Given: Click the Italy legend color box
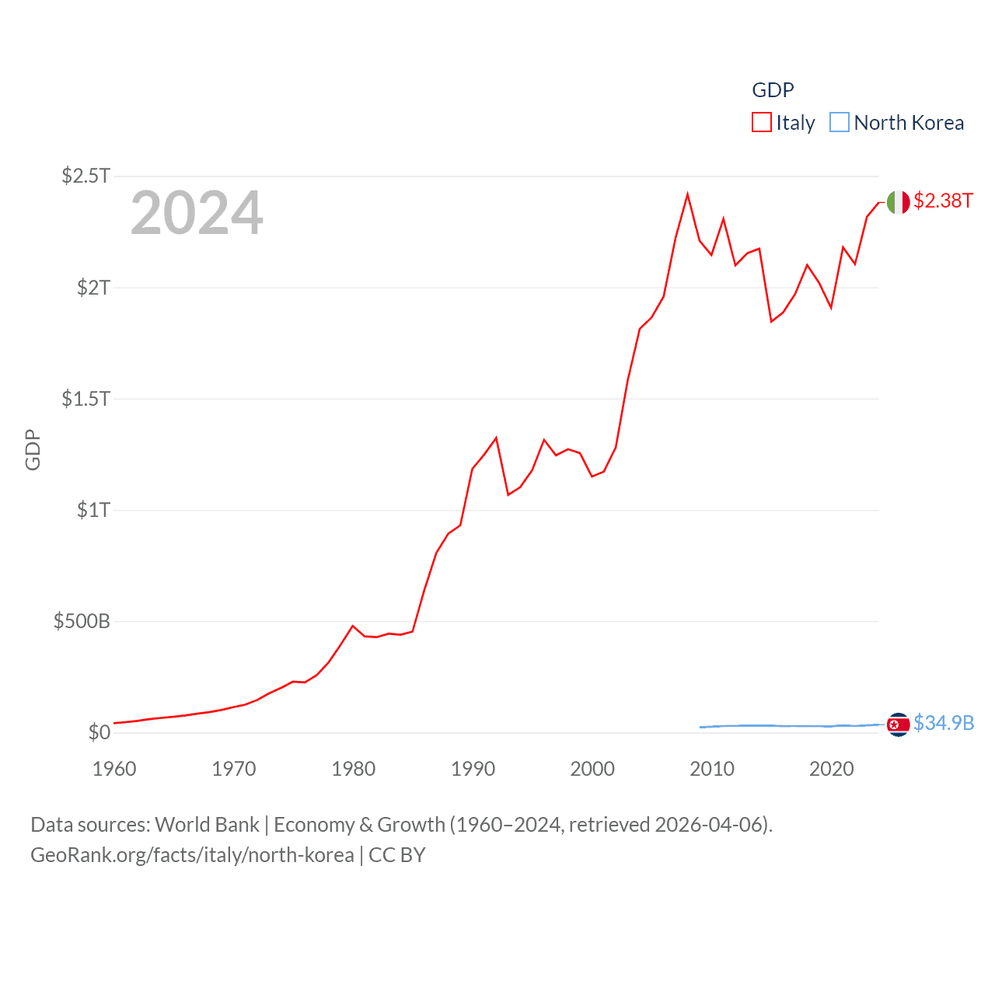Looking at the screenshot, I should click(761, 123).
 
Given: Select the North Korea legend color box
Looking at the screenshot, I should click(840, 123).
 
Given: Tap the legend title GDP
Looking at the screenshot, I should click(773, 90).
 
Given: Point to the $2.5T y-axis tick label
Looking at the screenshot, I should click(86, 176).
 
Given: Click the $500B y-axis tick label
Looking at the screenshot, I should click(82, 621).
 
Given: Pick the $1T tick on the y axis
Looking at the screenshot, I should click(93, 510).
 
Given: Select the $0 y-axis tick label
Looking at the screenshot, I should click(99, 732).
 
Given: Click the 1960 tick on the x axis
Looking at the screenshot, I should click(114, 769).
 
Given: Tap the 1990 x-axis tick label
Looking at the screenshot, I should click(473, 769).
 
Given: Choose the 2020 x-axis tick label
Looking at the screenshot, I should click(831, 769).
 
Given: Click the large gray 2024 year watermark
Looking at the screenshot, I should click(197, 213).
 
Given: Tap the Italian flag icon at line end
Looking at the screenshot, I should click(898, 202).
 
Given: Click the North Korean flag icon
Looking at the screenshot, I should click(898, 724).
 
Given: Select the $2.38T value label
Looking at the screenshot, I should click(943, 201).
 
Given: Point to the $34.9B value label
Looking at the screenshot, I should click(944, 723).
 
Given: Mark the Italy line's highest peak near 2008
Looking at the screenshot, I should click(687, 194).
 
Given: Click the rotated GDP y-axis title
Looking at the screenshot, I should click(33, 449).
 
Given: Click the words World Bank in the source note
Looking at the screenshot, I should click(207, 824).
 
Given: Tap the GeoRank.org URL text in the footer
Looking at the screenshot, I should click(192, 855).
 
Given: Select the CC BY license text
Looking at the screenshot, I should click(397, 855).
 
